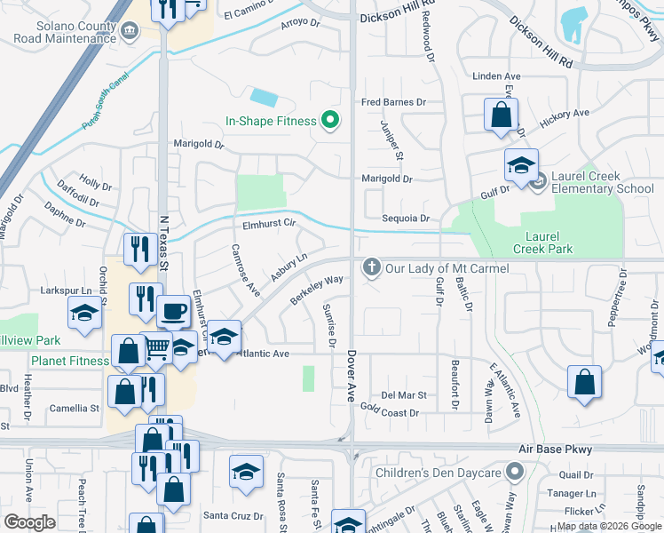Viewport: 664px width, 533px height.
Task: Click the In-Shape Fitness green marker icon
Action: tap(330, 121)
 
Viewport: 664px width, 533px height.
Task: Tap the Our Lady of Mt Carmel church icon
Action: tap(371, 267)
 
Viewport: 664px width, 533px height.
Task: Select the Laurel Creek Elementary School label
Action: tap(602, 182)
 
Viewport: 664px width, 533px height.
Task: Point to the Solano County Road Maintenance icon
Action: tap(130, 31)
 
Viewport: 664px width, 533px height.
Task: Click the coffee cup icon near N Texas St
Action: tap(172, 312)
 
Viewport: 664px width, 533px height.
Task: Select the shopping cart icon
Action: tap(157, 346)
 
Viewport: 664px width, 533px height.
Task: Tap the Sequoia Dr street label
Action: tap(406, 219)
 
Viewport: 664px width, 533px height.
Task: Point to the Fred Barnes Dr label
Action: tap(393, 102)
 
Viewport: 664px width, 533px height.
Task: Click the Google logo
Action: tap(29, 522)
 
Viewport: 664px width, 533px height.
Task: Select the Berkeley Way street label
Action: tap(316, 290)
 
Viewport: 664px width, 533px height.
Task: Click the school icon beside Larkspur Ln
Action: tap(84, 313)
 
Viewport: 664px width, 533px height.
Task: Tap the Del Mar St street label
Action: tap(404, 394)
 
